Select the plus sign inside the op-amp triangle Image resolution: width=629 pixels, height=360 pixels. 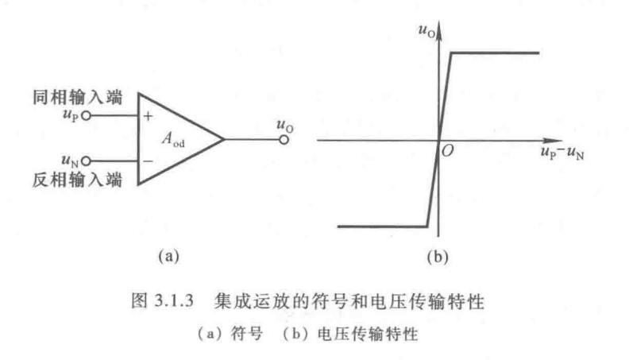tap(149, 116)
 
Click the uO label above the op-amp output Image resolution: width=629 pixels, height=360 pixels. tap(284, 122)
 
